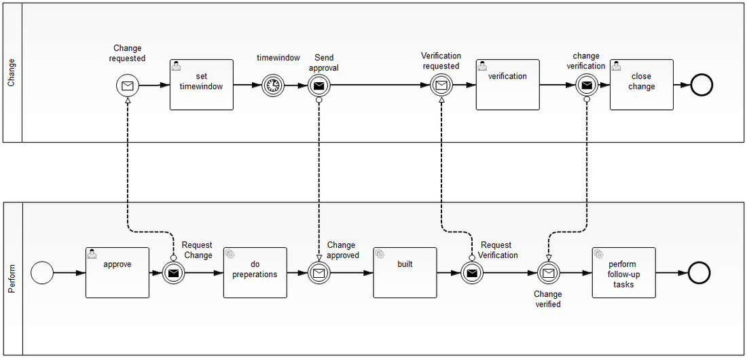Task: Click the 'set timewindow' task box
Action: click(201, 85)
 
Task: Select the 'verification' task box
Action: click(507, 85)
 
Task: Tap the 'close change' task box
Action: click(641, 85)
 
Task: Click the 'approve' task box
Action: click(117, 272)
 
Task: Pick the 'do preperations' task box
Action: click(255, 272)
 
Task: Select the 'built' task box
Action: click(405, 272)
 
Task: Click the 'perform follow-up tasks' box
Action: click(623, 272)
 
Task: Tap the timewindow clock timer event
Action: click(273, 86)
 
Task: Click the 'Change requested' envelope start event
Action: click(127, 86)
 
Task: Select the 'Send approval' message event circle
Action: click(319, 86)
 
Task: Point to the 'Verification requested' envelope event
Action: click(441, 86)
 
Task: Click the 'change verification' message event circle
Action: click(587, 86)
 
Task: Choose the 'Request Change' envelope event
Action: click(174, 273)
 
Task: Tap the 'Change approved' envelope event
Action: click(319, 273)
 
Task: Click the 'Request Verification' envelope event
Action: click(471, 273)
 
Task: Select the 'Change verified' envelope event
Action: click(548, 273)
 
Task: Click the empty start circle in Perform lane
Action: click(42, 273)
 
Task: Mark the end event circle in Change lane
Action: click(700, 86)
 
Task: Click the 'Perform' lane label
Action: click(12, 279)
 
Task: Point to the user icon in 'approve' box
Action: click(93, 254)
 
